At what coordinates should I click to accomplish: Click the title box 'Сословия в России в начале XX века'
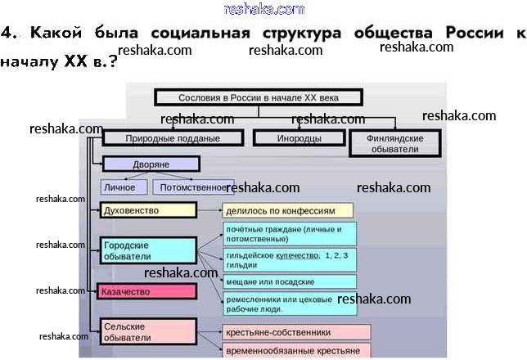[x=258, y=97]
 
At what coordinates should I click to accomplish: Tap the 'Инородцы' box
[x=298, y=138]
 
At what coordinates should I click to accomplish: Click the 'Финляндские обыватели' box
[x=394, y=144]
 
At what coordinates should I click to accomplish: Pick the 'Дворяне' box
[x=151, y=164]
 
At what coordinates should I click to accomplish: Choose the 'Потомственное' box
[x=193, y=187]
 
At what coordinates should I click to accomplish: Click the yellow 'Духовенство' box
[x=148, y=210]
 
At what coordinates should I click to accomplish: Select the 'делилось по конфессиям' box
[x=287, y=210]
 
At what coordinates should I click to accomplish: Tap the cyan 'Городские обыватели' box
[x=148, y=250]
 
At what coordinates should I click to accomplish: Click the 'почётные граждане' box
[x=290, y=234]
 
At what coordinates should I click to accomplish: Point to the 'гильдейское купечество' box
[x=290, y=260]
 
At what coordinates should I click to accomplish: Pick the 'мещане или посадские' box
[x=290, y=281]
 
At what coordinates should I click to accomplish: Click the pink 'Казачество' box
[x=147, y=290]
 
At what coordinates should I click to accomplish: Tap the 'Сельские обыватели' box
[x=148, y=331]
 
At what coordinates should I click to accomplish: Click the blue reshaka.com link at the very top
[x=263, y=9]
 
